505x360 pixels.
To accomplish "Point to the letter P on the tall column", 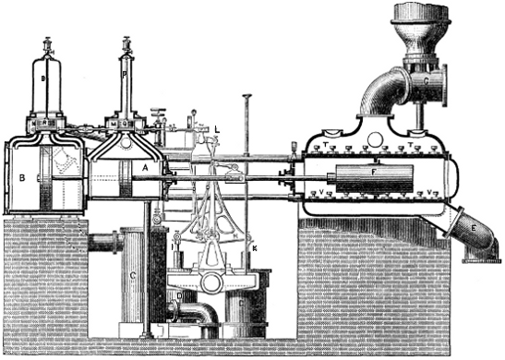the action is (x=126, y=66).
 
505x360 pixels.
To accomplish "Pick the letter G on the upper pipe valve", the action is (x=426, y=80).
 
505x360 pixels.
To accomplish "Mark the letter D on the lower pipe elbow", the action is (x=181, y=297).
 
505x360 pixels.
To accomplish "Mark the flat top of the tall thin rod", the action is (x=247, y=96).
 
